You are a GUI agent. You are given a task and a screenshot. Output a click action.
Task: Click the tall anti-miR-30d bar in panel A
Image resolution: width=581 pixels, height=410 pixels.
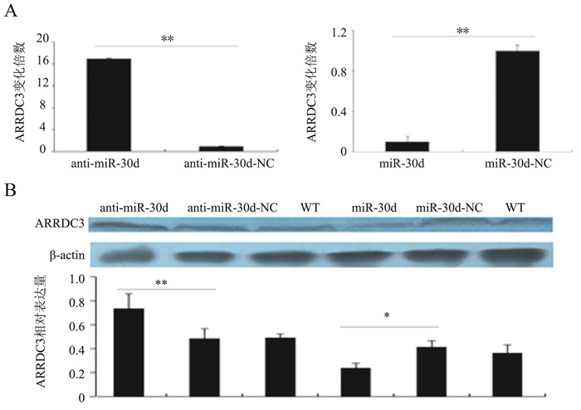click(108, 105)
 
